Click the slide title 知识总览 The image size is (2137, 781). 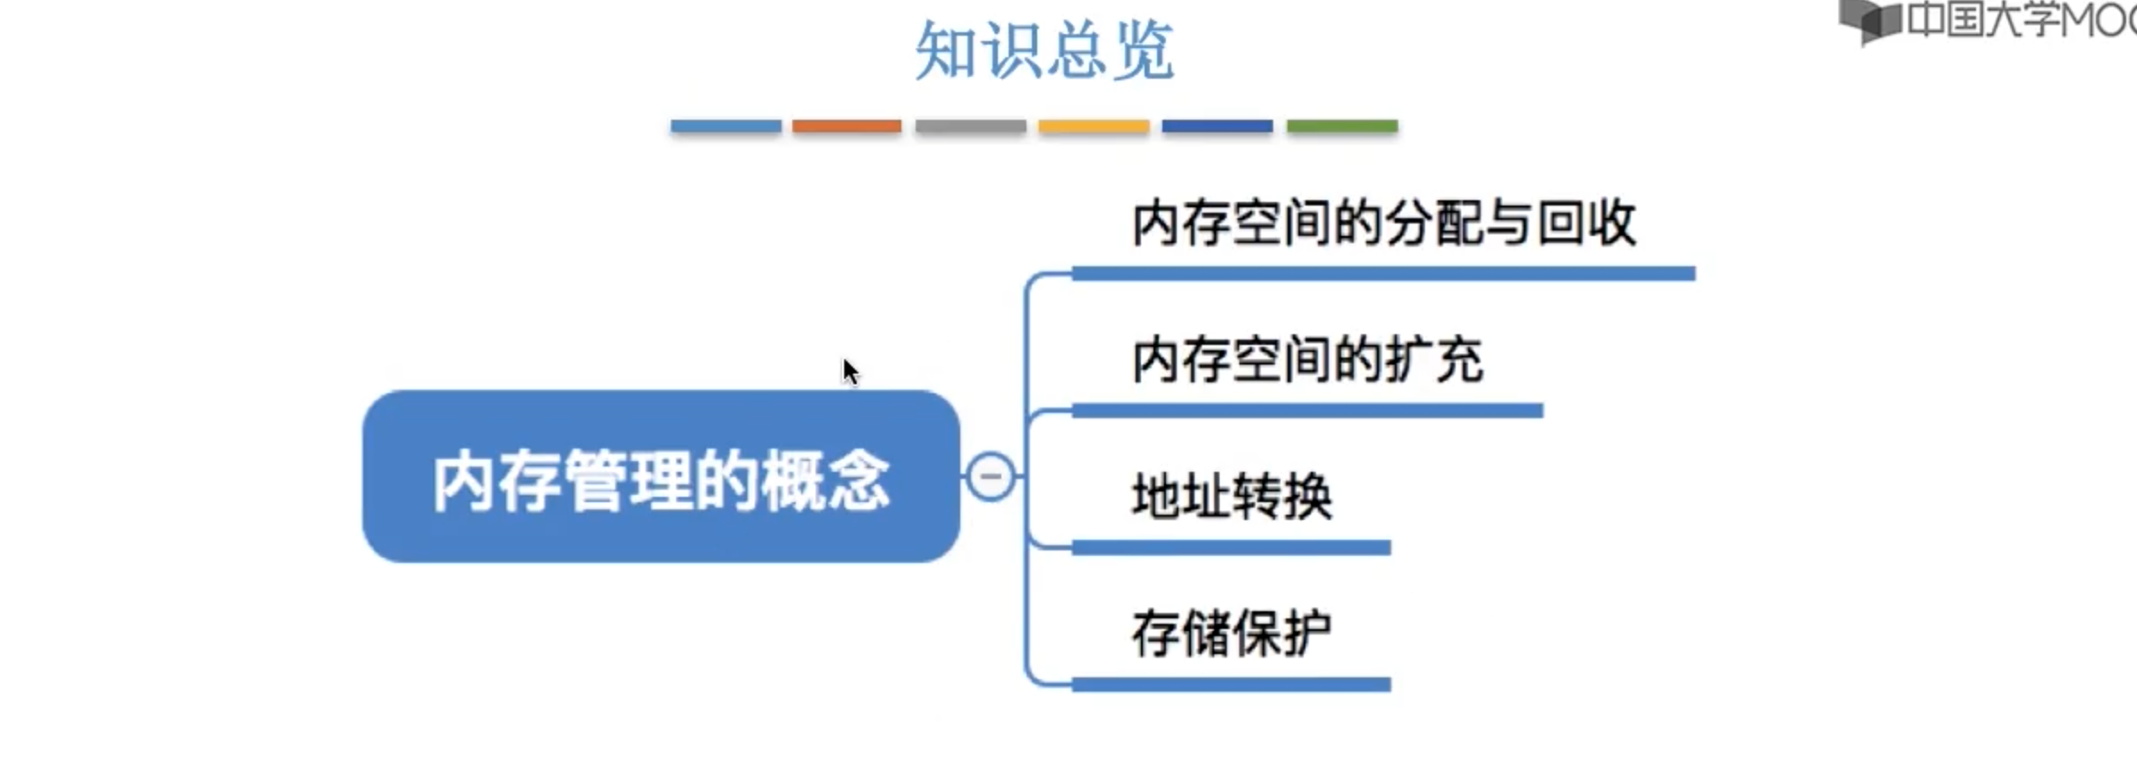point(1044,51)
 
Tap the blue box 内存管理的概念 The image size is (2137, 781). point(661,477)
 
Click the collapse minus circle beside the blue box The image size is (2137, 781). point(991,476)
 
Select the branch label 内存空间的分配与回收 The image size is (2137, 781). point(1383,223)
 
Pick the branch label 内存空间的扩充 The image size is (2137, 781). point(1307,360)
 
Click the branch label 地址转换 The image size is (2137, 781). point(1232,497)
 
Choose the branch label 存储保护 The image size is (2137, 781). point(1231,634)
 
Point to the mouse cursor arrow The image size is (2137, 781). point(849,371)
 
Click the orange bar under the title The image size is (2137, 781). point(847,127)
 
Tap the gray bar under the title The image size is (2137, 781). point(970,127)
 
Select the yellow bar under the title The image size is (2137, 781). point(1094,127)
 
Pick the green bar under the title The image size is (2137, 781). point(1342,127)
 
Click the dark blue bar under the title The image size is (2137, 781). point(1217,127)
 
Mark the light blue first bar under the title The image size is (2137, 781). point(725,127)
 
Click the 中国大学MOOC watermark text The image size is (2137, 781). point(2021,20)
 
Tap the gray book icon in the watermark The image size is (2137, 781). point(1870,20)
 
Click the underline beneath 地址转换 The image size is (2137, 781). point(1231,548)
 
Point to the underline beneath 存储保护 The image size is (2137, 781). point(1231,685)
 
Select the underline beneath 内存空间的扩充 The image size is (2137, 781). point(1307,411)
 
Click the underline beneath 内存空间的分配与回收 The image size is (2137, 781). point(1383,273)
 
